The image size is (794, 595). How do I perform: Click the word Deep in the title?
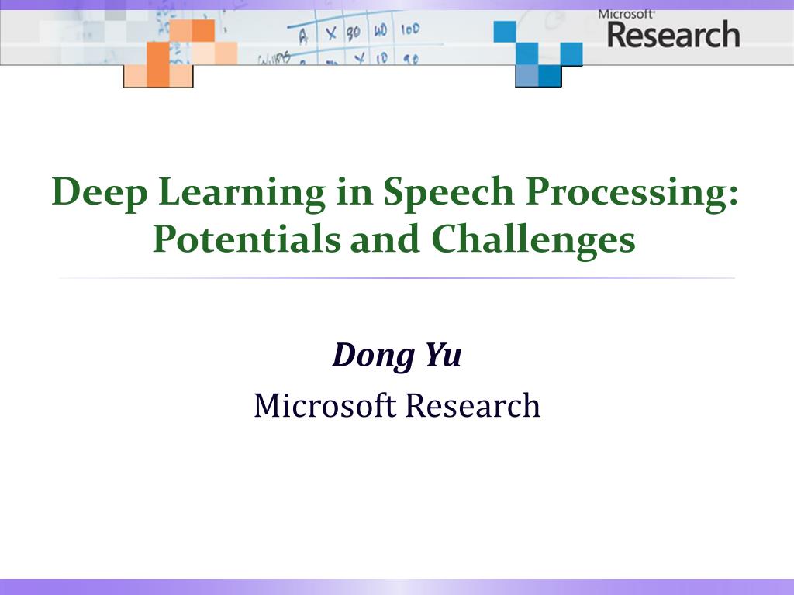coord(99,192)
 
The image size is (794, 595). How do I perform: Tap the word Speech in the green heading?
coord(449,192)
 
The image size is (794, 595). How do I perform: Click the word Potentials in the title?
coord(247,239)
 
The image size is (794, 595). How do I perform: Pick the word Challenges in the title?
coord(533,240)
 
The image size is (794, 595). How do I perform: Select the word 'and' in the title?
coord(385,239)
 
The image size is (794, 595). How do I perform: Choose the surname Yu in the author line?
coord(443,355)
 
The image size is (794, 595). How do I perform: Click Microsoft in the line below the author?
coord(325,405)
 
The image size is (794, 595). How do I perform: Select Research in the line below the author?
coord(473,405)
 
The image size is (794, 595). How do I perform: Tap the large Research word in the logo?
coord(674,35)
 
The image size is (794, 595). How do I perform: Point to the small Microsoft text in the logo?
coord(626,14)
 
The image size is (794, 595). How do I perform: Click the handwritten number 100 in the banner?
coord(410,29)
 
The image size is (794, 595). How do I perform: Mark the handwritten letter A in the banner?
coord(303,36)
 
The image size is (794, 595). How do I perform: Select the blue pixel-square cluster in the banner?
coord(538,53)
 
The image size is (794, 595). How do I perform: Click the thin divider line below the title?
coord(397,278)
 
